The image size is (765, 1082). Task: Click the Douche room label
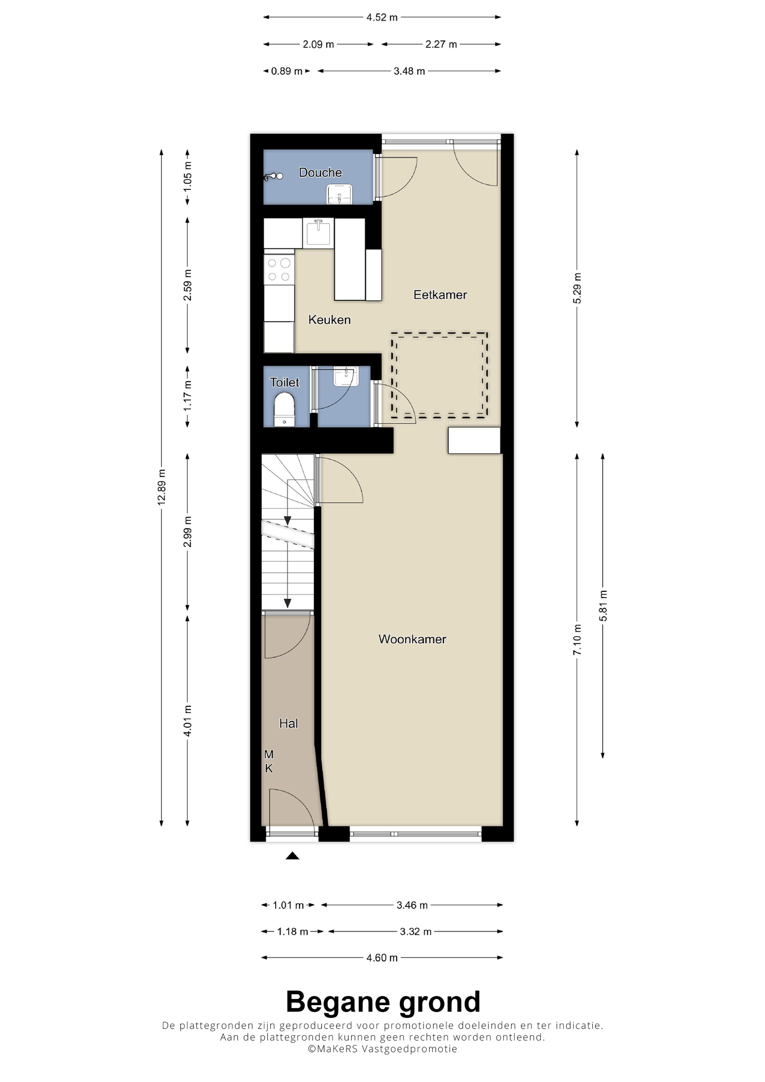[320, 172]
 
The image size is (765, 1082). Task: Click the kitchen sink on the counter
[319, 232]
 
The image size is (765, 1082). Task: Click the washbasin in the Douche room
[339, 194]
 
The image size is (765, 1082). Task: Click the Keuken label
[329, 320]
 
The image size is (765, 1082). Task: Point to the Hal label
[288, 723]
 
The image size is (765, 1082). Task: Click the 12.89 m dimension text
[162, 487]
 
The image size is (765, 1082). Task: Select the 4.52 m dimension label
[382, 18]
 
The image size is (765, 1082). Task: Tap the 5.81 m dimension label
[603, 606]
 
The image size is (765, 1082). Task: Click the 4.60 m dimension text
[382, 958]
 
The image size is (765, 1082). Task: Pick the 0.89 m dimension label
[286, 71]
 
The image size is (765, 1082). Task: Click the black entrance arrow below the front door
[292, 856]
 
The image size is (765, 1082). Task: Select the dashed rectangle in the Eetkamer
[439, 375]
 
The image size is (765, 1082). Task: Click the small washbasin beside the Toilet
[345, 376]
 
